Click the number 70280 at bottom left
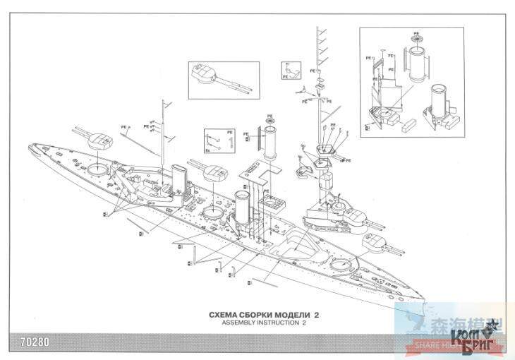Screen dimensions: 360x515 [24, 346]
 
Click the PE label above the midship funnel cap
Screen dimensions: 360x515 [269, 116]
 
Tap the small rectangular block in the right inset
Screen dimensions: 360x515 [408, 129]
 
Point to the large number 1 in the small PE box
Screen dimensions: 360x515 [230, 141]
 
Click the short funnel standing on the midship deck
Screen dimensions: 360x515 [243, 208]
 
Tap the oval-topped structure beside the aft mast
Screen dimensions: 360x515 [178, 176]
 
